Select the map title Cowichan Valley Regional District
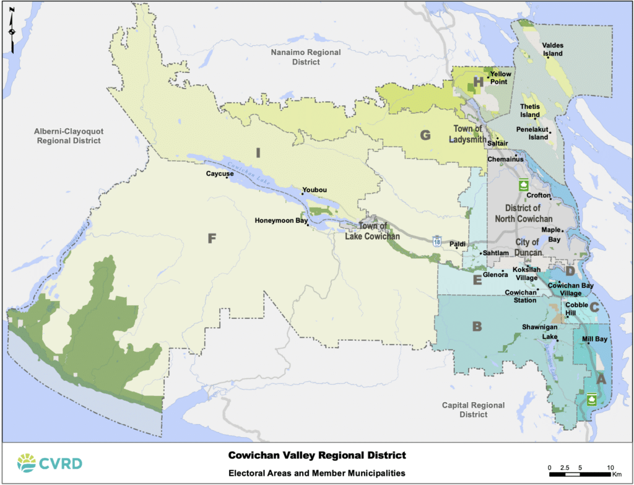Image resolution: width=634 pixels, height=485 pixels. [317, 455]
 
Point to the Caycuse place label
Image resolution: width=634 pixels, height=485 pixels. [220, 174]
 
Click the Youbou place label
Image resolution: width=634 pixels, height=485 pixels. [313, 190]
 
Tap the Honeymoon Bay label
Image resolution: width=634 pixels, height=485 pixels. [281, 221]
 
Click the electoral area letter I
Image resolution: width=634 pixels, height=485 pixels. [258, 152]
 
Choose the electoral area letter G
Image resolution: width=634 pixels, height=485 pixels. [425, 134]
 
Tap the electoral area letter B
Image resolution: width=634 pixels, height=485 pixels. [477, 326]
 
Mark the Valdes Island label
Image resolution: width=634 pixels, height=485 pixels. [552, 50]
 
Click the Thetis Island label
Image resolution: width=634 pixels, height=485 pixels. [530, 110]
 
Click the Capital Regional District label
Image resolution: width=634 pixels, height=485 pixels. [473, 409]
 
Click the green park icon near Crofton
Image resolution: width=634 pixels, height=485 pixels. [523, 185]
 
